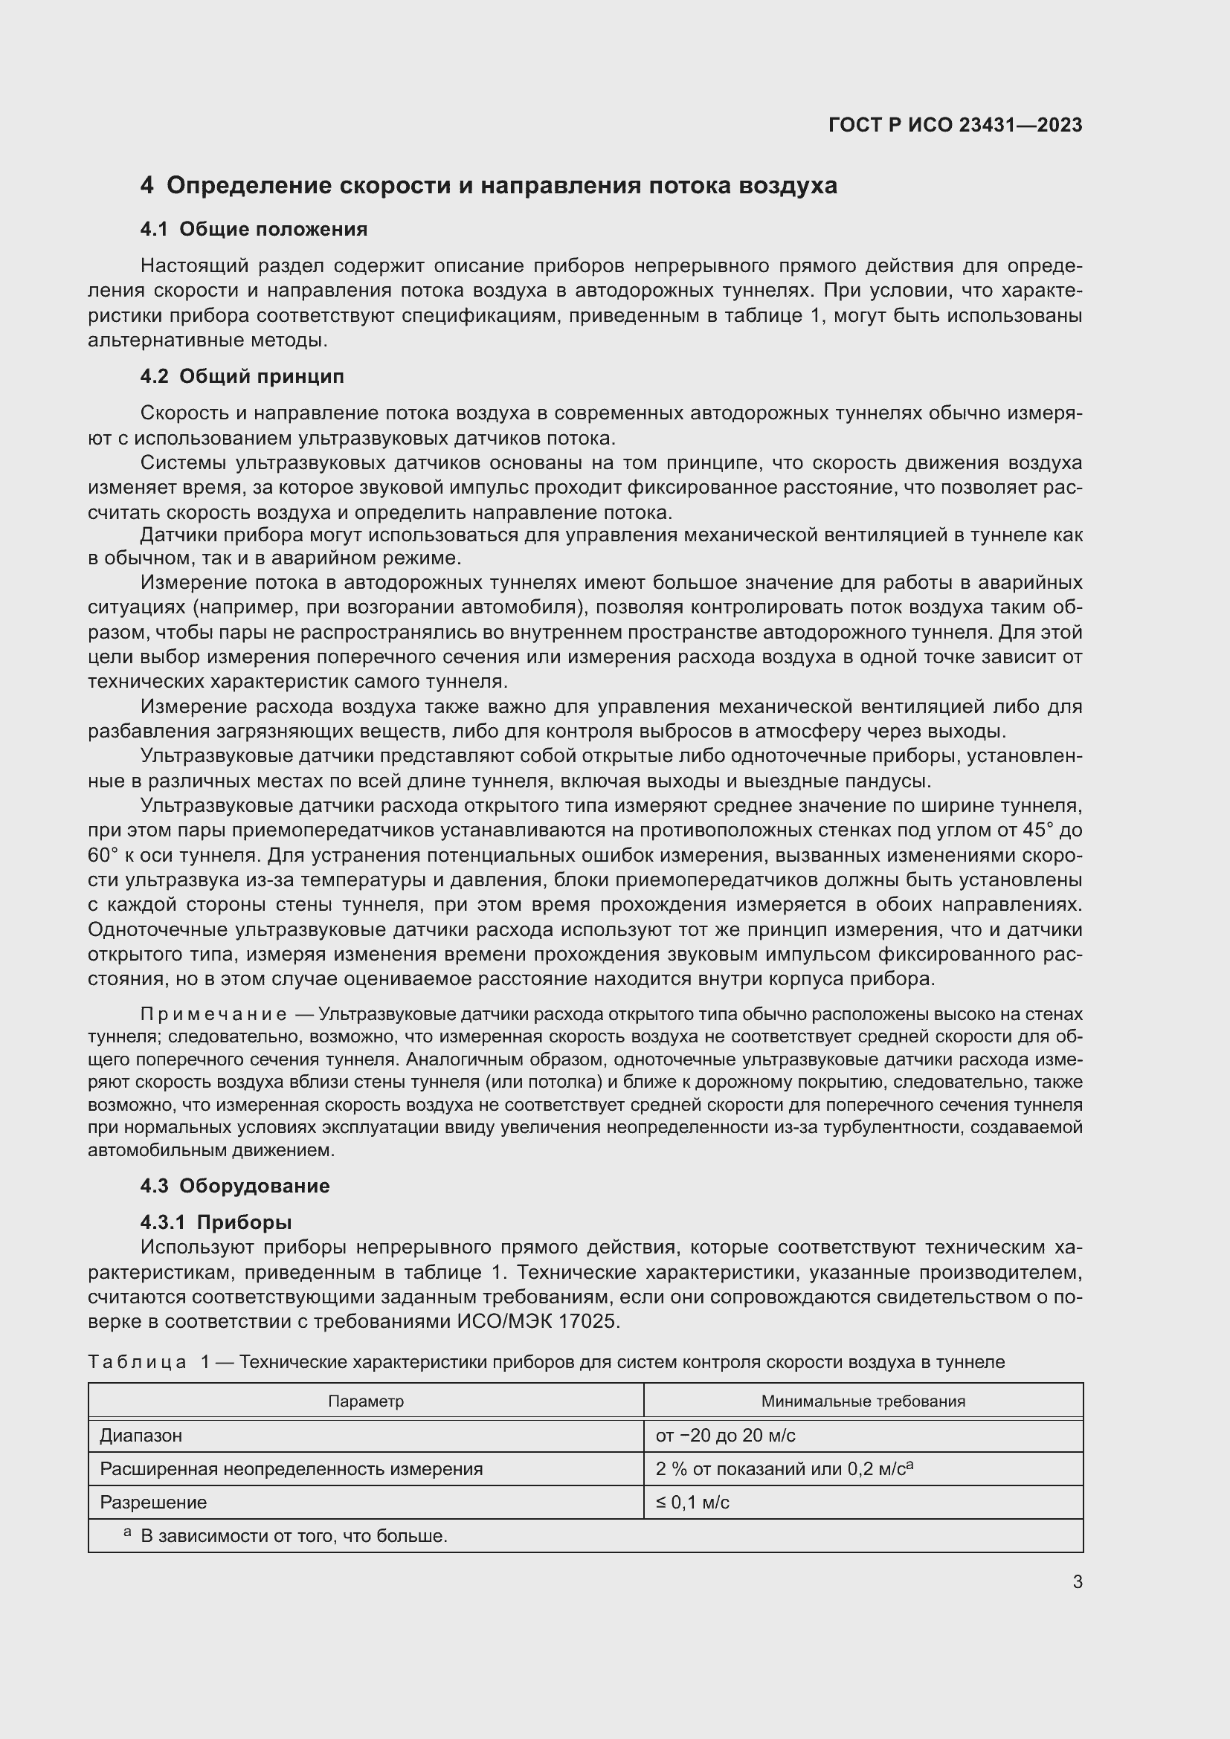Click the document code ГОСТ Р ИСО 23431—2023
pos(955,125)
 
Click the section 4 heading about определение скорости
pos(489,186)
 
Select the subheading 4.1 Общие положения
pos(254,229)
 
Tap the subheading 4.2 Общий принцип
pos(242,376)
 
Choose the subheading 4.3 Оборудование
pos(235,1185)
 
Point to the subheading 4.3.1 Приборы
pos(216,1222)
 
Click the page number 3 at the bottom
pos(1077,1581)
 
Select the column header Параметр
pos(366,1401)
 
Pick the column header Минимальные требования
pos(863,1401)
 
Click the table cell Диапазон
pos(141,1435)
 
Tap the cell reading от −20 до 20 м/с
pos(725,1435)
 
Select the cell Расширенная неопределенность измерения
pos(291,1469)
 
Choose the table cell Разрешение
pos(153,1502)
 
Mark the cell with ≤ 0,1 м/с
pos(692,1502)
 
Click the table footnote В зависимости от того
pos(294,1536)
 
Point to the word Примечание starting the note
pos(213,1014)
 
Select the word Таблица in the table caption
pos(137,1362)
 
